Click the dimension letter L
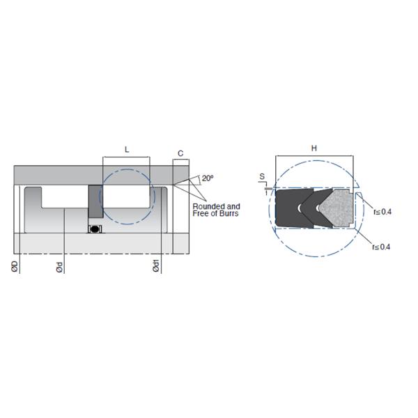click(127, 150)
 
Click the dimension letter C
click(180, 153)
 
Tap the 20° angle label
click(208, 178)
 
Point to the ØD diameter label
click(15, 266)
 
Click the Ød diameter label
click(60, 268)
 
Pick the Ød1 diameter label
click(156, 266)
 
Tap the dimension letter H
click(314, 148)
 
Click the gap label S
click(262, 176)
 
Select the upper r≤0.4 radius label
click(382, 212)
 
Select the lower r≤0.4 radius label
click(381, 247)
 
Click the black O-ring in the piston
click(95, 229)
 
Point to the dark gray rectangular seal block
click(95, 201)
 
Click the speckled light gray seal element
click(336, 208)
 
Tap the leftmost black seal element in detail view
click(293, 208)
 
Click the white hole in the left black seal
click(300, 208)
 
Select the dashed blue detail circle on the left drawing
click(127, 196)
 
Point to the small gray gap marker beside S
click(268, 189)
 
